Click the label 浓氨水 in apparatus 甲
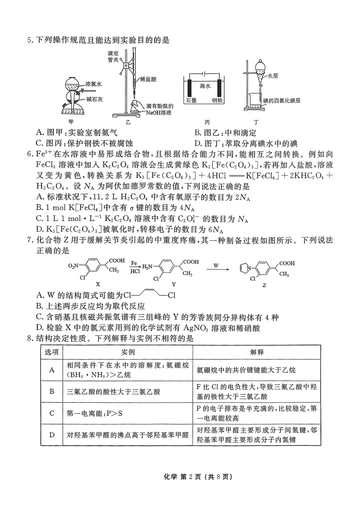(x=93, y=84)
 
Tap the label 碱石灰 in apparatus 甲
(x=94, y=99)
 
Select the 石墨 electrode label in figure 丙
(x=191, y=101)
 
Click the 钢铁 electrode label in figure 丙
(x=217, y=101)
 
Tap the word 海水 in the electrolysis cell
(x=205, y=86)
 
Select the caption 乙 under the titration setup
(x=128, y=122)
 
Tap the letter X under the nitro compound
(x=97, y=284)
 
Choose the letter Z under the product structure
(x=264, y=285)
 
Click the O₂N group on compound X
(x=74, y=266)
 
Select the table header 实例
(x=128, y=352)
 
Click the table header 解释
(x=257, y=352)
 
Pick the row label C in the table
(x=52, y=413)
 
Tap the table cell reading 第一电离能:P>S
(x=95, y=413)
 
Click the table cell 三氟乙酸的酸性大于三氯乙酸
(x=113, y=392)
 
